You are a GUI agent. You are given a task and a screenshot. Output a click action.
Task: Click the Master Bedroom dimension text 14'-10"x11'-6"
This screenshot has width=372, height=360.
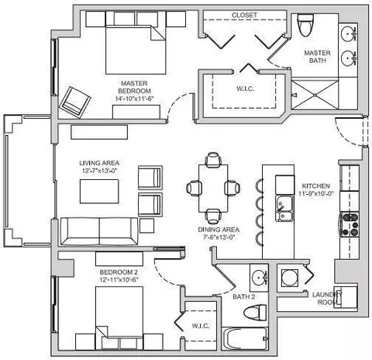(134, 99)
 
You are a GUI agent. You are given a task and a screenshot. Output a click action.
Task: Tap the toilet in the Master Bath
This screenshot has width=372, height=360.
(305, 25)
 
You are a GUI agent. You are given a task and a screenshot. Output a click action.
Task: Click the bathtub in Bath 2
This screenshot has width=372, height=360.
(245, 338)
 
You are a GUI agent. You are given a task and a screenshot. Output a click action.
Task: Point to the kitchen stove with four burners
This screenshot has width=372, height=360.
(350, 224)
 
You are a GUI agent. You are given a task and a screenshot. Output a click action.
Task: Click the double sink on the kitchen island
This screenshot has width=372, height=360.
(284, 209)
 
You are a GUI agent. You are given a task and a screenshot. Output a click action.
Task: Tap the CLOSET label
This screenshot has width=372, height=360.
(244, 16)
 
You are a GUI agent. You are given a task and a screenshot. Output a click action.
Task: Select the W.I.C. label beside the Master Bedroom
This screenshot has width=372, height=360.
(245, 88)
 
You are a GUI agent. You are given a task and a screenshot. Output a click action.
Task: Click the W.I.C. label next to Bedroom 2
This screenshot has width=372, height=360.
(201, 326)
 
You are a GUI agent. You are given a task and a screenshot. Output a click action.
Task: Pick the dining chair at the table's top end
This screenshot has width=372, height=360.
(213, 159)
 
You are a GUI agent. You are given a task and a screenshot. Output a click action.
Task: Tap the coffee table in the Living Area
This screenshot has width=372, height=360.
(99, 192)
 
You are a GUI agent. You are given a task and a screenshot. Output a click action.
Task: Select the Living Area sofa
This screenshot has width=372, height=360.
(99, 231)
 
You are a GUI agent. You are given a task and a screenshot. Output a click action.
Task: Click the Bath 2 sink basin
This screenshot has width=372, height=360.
(259, 277)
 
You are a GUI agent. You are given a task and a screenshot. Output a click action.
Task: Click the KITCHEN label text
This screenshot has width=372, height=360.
(316, 186)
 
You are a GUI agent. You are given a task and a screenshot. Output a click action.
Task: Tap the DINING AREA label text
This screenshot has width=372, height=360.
(219, 230)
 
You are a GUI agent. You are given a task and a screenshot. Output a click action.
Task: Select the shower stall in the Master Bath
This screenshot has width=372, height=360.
(315, 95)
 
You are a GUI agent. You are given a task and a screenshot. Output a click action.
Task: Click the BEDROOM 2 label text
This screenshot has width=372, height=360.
(119, 272)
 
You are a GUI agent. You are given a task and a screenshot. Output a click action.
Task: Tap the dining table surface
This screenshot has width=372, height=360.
(213, 189)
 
